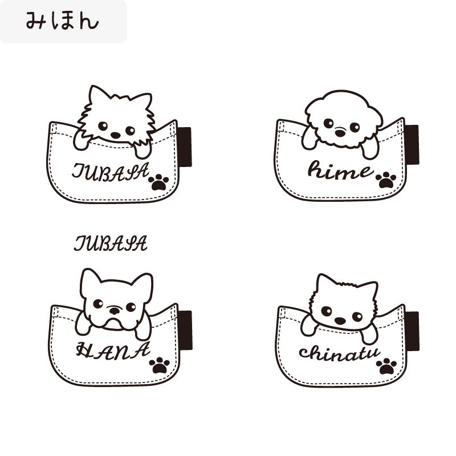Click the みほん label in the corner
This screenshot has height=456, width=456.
tap(62, 21)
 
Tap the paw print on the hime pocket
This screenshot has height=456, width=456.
tap(386, 180)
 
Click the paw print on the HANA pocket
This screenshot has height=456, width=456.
tap(159, 365)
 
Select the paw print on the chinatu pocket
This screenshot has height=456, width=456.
tap(386, 367)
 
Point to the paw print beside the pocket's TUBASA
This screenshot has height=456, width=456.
tap(158, 182)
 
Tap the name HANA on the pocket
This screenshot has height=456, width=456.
tap(113, 351)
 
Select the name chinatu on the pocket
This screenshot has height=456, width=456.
tap(339, 353)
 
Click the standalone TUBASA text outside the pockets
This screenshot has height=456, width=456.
tap(111, 243)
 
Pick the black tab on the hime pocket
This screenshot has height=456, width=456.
tap(412, 145)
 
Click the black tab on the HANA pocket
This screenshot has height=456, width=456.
tap(185, 330)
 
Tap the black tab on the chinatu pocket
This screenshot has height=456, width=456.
tap(412, 331)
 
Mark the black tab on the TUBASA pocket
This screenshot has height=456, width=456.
tap(185, 147)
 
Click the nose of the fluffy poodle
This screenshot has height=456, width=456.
tap(340, 133)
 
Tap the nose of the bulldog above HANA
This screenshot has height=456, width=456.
tap(115, 311)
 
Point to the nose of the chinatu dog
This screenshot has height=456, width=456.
tap(340, 321)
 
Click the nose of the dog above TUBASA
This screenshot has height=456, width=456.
tap(116, 135)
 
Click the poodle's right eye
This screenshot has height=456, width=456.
tap(355, 127)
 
